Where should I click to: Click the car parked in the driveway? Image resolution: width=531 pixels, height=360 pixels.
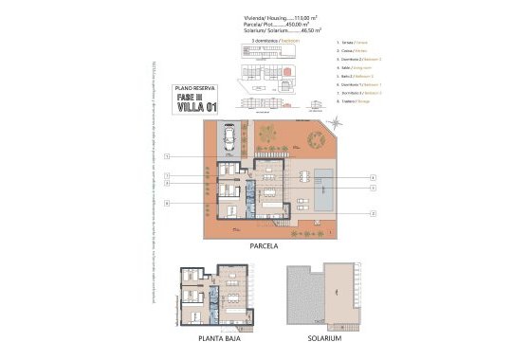(x=230, y=144)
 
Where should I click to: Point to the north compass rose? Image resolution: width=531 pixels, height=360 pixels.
(x=337, y=125)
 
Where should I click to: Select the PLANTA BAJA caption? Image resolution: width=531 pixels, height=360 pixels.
(x=216, y=337)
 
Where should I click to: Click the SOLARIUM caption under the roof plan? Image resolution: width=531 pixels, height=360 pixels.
(x=324, y=337)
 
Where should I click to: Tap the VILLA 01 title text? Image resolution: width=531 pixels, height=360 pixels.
(x=195, y=106)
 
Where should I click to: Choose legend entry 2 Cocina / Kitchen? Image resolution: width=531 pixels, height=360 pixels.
(x=353, y=51)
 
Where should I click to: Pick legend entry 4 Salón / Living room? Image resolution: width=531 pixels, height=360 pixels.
(x=357, y=68)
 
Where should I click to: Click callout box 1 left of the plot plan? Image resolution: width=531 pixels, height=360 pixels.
(x=167, y=155)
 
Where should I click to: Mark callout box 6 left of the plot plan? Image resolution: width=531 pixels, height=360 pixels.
(x=167, y=203)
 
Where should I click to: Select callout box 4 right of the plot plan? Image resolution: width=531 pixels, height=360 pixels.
(x=374, y=177)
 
